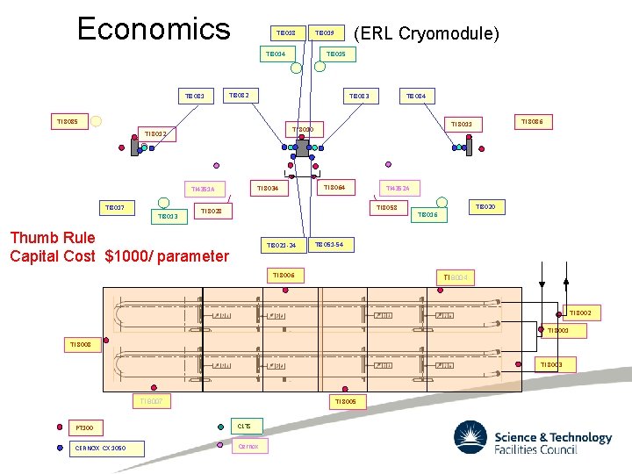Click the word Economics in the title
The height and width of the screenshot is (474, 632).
154,28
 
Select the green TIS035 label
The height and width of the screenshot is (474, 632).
335,54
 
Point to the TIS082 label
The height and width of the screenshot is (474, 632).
239,95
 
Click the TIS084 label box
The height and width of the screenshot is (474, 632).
415,96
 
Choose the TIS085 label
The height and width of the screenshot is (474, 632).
68,122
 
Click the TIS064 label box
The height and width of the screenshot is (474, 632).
334,187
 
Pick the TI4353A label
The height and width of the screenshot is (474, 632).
203,189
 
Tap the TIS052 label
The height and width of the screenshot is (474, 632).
387,208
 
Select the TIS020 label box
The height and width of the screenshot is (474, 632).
485,207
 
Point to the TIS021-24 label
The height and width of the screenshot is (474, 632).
282,245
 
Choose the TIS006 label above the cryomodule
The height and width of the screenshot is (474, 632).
284,276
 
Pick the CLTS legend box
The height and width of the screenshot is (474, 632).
244,427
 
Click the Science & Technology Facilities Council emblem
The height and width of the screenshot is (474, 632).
471,438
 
